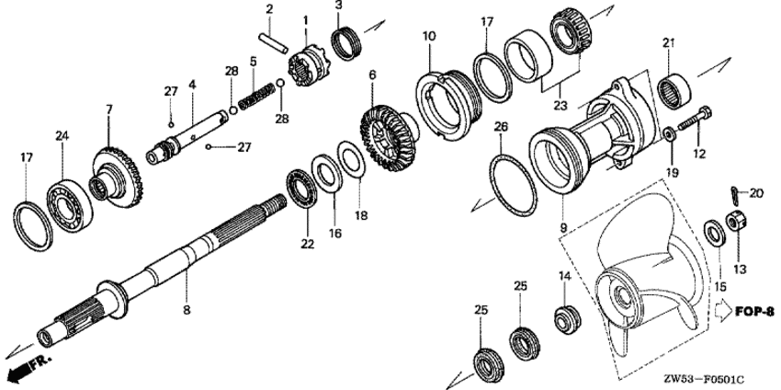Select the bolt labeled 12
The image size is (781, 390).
pyautogui.click(x=695, y=120)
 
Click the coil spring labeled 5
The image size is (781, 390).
pyautogui.click(x=256, y=97)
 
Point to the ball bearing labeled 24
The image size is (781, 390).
pyautogui.click(x=69, y=205)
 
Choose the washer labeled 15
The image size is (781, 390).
pyautogui.click(x=714, y=233)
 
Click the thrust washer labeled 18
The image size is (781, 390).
pyautogui.click(x=352, y=159)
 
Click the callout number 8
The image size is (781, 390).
pyautogui.click(x=187, y=310)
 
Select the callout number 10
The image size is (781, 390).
pyautogui.click(x=429, y=36)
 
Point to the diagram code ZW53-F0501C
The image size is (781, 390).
pyautogui.click(x=707, y=380)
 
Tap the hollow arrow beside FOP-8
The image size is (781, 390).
pyautogui.click(x=723, y=312)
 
